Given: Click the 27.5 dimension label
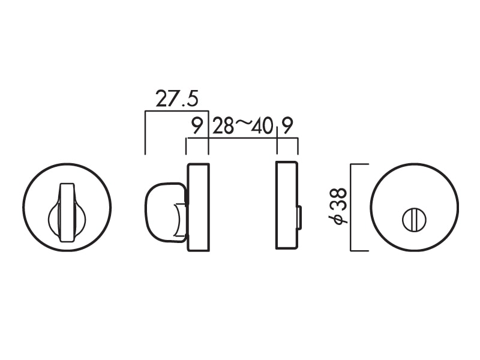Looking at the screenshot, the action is click(177, 98).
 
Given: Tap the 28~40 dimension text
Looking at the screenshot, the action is click(242, 126).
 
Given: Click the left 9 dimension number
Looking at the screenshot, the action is click(197, 126).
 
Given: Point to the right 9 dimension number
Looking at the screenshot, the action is click(287, 125).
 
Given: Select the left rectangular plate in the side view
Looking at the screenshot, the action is click(198, 207).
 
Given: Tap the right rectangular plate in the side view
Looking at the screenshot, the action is click(287, 205).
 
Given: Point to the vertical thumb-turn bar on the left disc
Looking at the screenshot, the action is click(67, 212).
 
